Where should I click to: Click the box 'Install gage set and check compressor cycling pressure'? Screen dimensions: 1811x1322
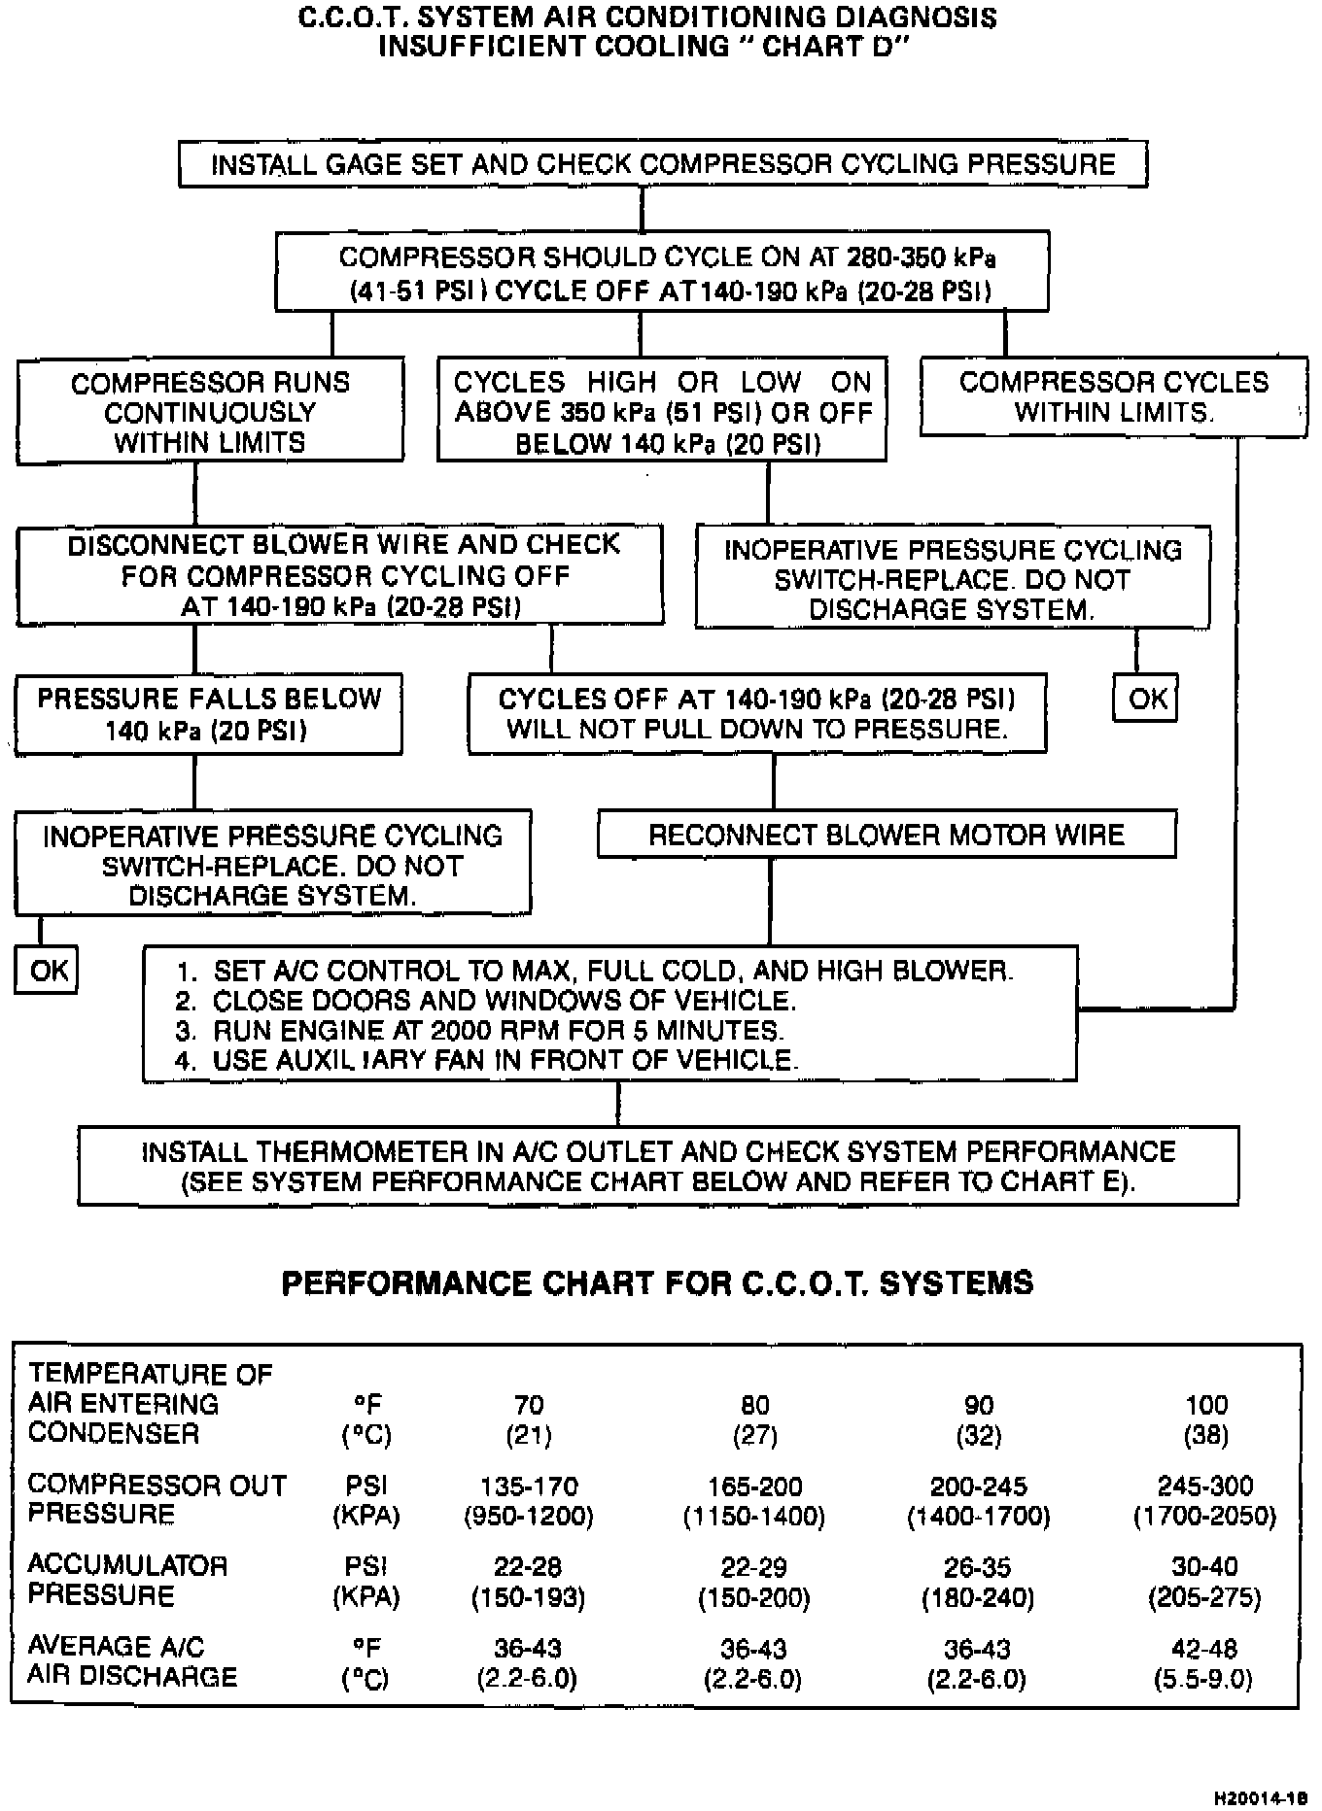pos(663,164)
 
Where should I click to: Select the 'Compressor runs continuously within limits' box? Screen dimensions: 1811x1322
pos(210,412)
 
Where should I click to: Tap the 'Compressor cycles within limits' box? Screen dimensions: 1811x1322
pos(1113,396)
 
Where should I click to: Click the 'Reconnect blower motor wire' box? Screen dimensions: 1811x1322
pos(886,836)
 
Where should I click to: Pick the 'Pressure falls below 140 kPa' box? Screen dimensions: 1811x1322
pos(209,714)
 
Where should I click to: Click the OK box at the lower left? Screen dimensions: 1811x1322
pos(48,971)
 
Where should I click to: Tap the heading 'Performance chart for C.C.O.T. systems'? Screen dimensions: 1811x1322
pos(657,1283)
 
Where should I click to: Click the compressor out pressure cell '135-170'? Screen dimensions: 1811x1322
pos(529,1486)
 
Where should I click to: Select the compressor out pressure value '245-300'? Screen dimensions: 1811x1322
pos(1204,1486)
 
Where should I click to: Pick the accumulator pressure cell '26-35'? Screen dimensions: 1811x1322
pos(978,1567)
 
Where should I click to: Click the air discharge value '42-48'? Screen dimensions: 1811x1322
pos(1204,1649)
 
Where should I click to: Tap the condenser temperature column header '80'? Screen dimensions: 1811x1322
pos(754,1405)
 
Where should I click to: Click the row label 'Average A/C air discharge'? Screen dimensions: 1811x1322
pos(132,1661)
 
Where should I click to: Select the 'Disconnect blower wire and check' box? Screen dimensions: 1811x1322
pos(340,575)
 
